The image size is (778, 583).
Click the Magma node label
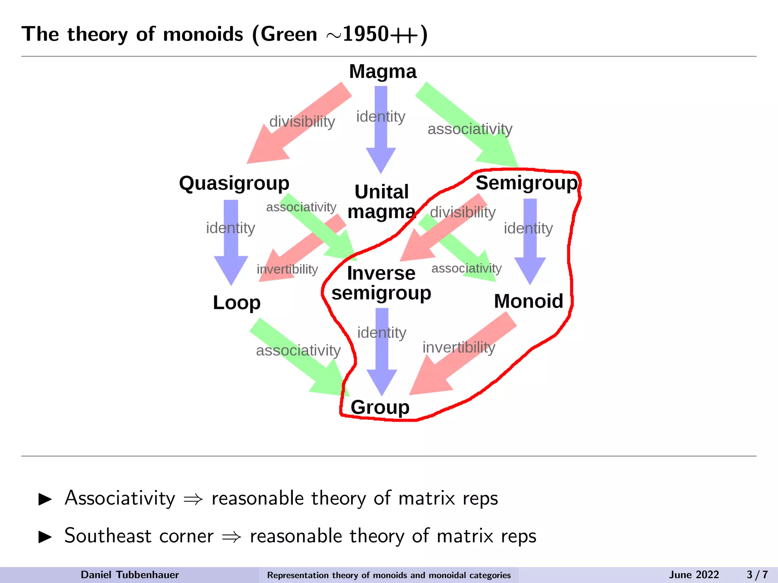click(383, 71)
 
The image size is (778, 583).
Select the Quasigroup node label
click(234, 183)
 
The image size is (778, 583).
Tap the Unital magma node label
click(381, 202)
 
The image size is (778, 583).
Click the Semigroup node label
click(527, 183)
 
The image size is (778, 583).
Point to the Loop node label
click(237, 303)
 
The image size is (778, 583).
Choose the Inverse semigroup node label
click(381, 283)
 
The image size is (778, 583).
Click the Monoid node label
click(528, 301)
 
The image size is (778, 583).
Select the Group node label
click(380, 407)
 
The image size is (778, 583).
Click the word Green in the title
click(289, 34)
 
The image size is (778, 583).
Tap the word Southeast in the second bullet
click(108, 536)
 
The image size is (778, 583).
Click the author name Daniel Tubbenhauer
click(130, 575)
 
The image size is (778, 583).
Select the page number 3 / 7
click(757, 575)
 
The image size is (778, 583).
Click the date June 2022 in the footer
click(694, 575)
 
